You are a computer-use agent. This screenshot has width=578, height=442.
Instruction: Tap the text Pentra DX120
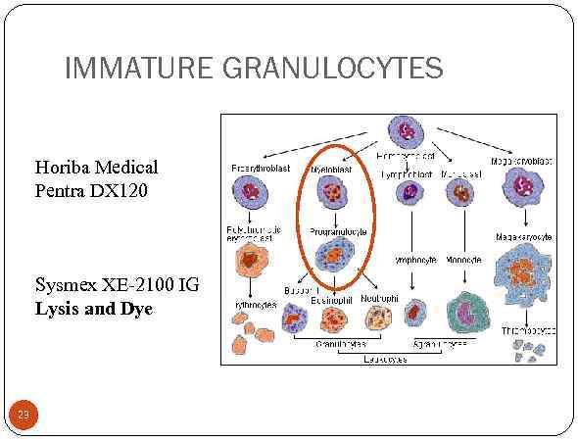(92, 189)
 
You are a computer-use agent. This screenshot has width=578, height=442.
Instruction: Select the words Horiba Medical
(96, 168)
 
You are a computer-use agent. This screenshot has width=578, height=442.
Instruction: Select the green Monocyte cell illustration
(468, 313)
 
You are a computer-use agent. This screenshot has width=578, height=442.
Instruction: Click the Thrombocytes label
(529, 330)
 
